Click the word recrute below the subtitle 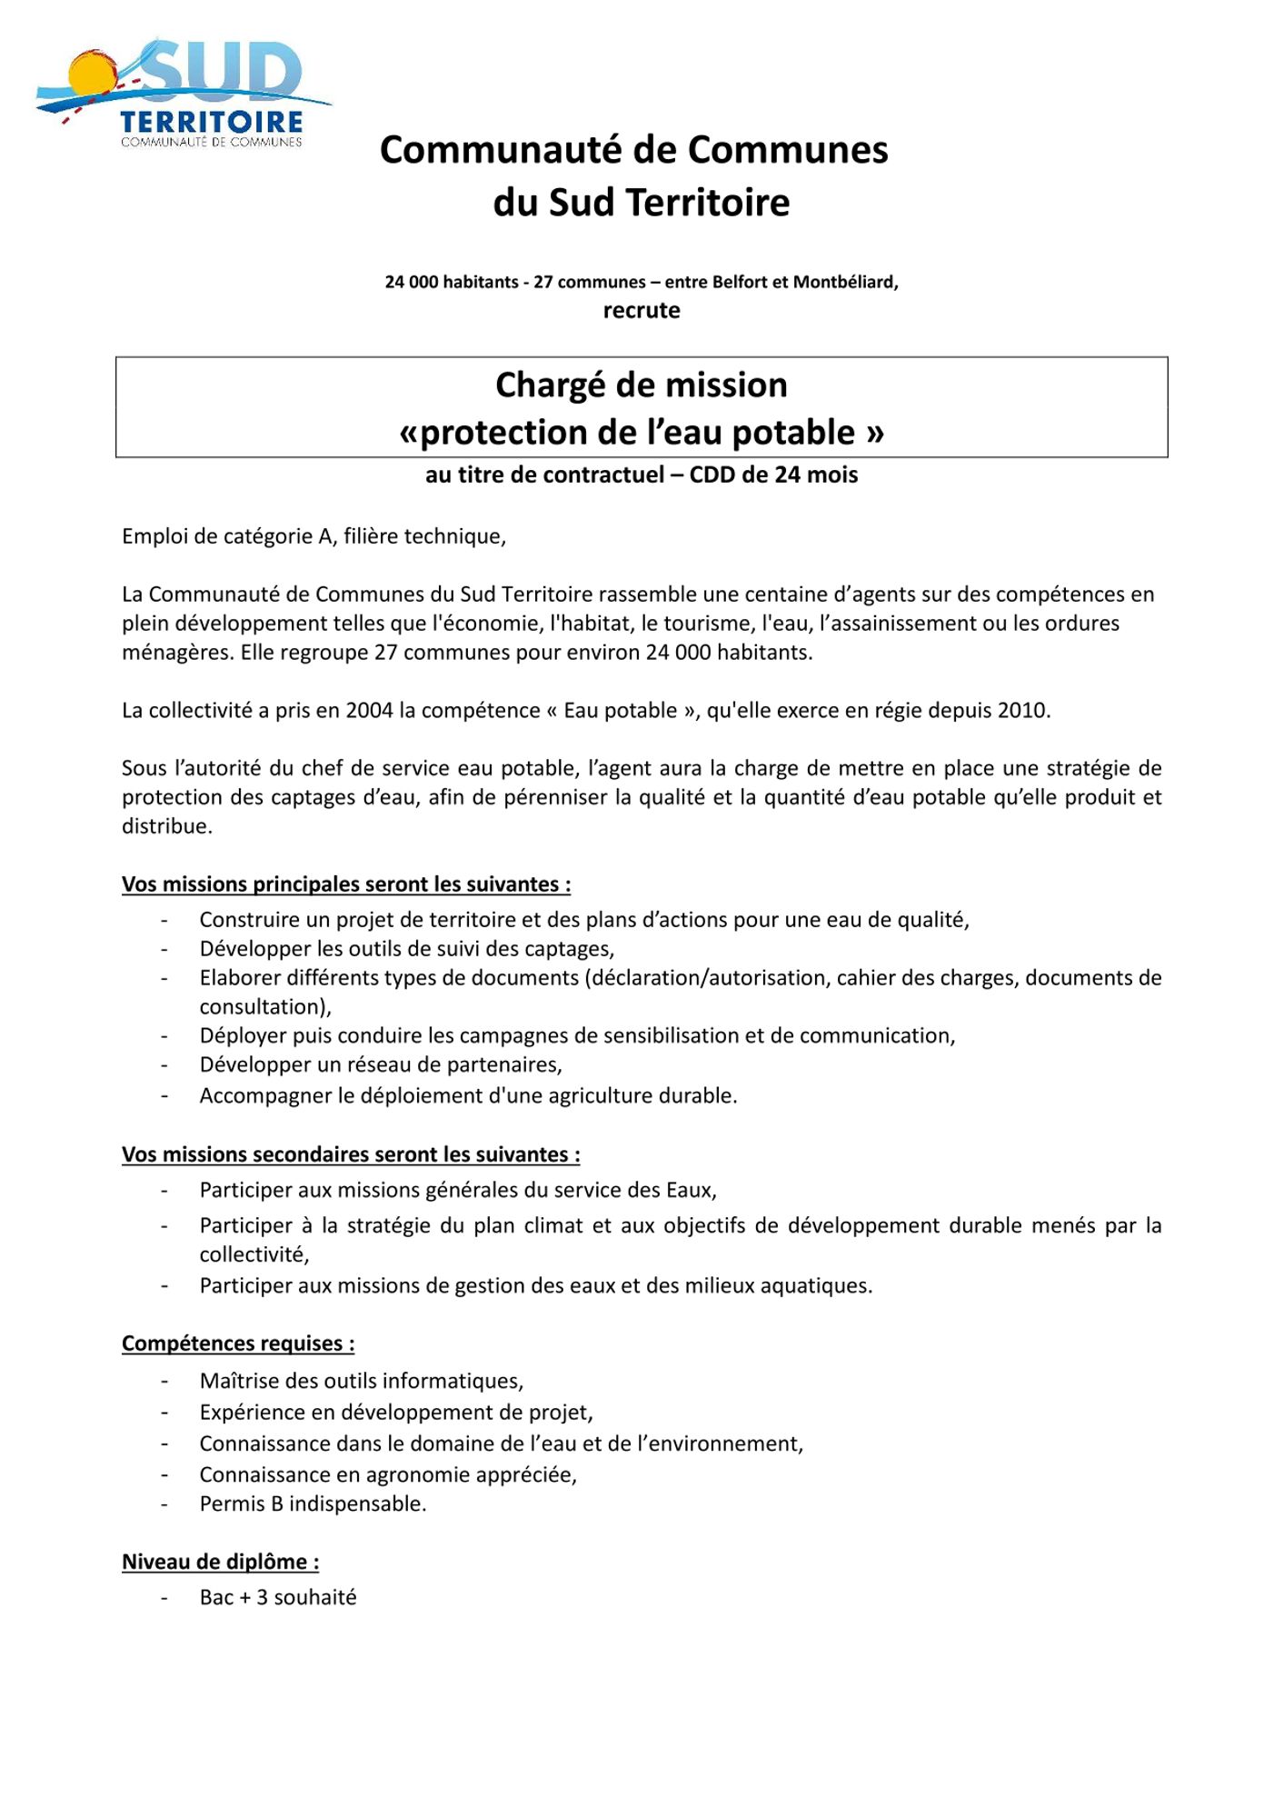click(x=642, y=311)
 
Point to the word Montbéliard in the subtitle click(x=845, y=282)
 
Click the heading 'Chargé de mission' click(x=642, y=385)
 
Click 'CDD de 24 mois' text click(x=773, y=475)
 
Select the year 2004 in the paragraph click(x=369, y=711)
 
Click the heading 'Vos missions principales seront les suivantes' click(x=346, y=884)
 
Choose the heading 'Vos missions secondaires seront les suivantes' click(x=351, y=1154)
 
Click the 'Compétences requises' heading click(x=238, y=1344)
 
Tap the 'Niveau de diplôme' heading click(x=220, y=1562)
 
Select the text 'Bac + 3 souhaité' click(x=278, y=1597)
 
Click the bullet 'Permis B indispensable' click(x=313, y=1503)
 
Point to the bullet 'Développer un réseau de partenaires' click(x=381, y=1064)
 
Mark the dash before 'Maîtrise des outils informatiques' click(x=164, y=1381)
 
